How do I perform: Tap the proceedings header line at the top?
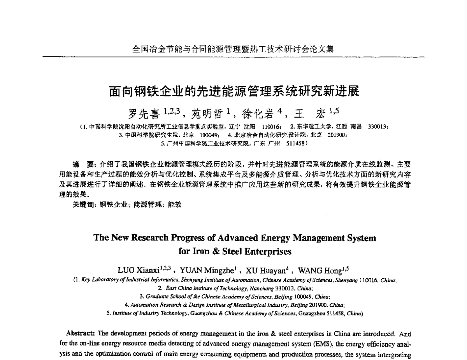233,49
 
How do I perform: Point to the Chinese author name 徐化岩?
256,114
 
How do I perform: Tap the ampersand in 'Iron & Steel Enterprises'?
216,251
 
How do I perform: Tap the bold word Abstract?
81,333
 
